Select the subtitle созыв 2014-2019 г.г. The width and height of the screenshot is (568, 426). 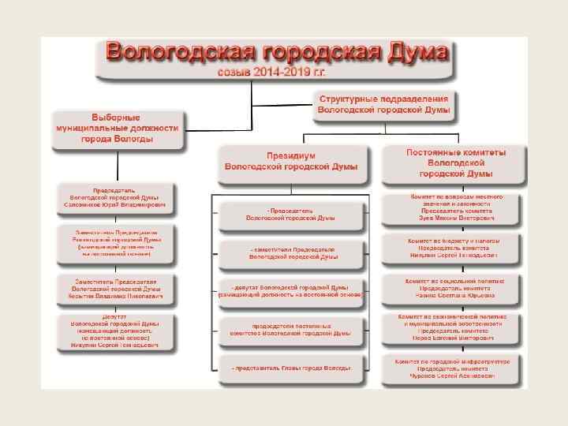click(272, 71)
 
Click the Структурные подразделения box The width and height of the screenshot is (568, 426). click(384, 106)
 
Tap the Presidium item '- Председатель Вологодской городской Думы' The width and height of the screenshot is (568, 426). click(290, 215)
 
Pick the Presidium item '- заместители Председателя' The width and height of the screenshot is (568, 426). click(290, 252)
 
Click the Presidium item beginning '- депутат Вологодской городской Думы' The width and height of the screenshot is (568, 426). click(290, 290)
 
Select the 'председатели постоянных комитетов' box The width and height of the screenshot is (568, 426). click(290, 330)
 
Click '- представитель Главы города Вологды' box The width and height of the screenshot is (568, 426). click(290, 368)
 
